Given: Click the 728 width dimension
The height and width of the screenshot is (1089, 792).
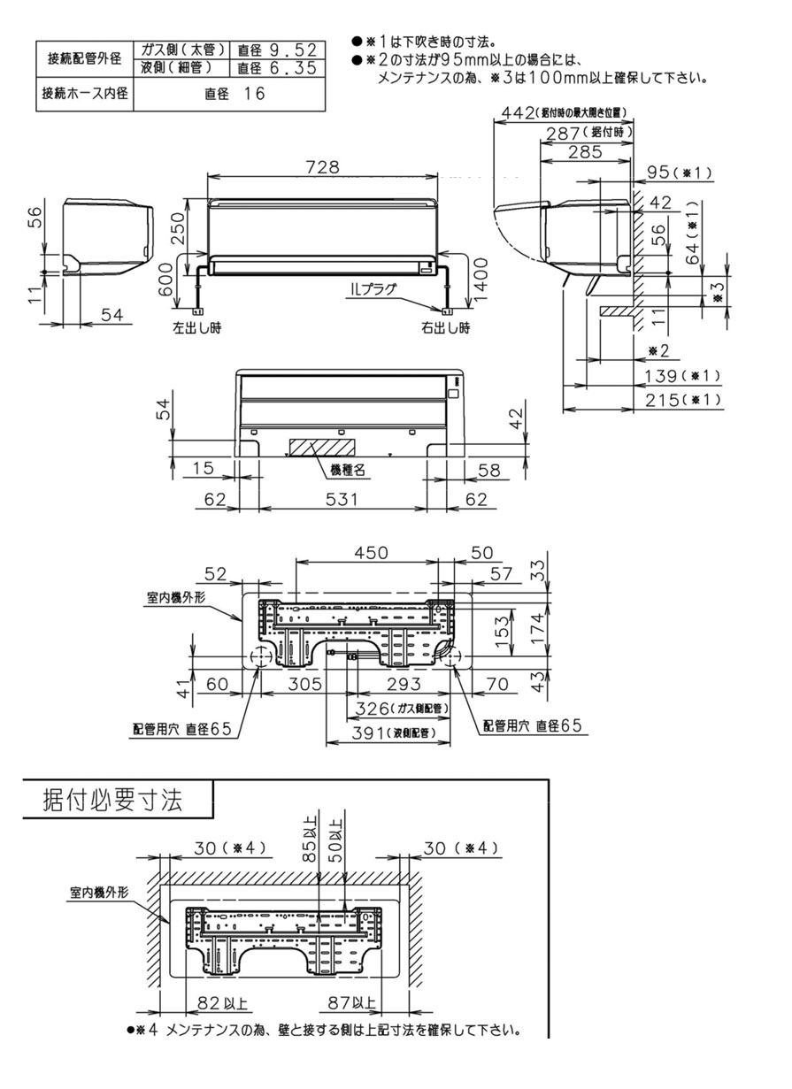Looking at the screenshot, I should click(x=321, y=167).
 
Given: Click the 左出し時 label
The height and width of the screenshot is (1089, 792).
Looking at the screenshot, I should click(x=196, y=327).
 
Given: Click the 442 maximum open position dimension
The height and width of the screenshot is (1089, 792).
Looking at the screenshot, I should click(x=559, y=112).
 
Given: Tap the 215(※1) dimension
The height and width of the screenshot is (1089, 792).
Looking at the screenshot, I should click(x=679, y=400).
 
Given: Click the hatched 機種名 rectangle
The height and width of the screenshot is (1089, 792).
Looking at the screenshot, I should click(x=320, y=447).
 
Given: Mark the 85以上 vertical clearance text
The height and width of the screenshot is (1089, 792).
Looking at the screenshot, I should click(x=308, y=840).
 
